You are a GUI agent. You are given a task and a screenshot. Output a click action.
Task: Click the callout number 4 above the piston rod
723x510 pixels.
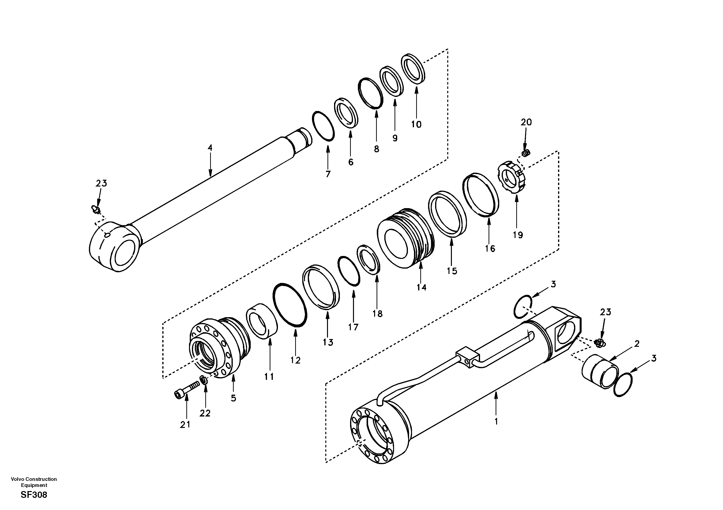(210, 148)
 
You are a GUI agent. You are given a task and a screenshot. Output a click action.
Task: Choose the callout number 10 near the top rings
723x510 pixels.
(416, 124)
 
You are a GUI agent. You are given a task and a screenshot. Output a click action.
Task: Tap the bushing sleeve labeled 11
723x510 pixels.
(261, 321)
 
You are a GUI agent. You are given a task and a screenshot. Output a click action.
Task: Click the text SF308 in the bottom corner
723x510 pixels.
(34, 495)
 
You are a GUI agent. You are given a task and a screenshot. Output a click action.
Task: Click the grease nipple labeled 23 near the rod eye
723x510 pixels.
(96, 209)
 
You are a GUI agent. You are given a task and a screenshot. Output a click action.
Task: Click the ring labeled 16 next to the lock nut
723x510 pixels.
(481, 195)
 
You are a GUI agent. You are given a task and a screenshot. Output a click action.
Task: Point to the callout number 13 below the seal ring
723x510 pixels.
(328, 342)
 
